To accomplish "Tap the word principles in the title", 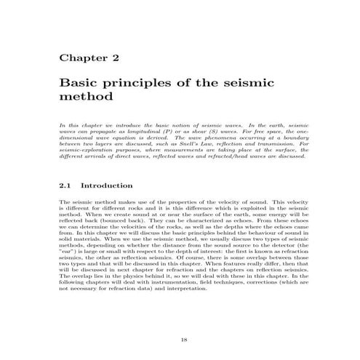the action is [x=140, y=83].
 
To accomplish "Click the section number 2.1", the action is [x=65, y=185].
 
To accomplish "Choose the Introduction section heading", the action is [x=106, y=185].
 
